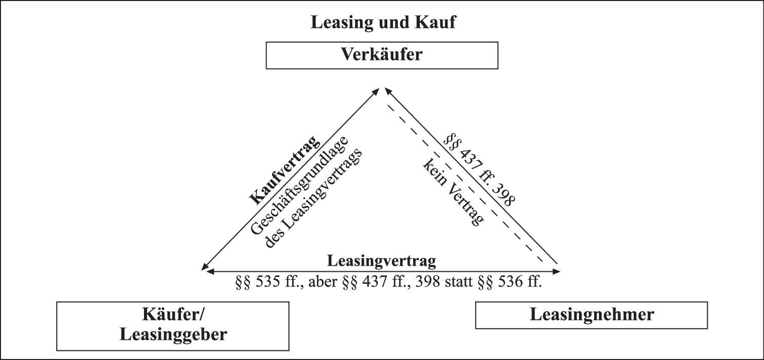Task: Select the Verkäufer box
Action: click(x=382, y=55)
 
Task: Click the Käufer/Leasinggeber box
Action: click(x=172, y=326)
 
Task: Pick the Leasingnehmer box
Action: click(x=592, y=315)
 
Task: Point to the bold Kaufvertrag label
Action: click(x=285, y=170)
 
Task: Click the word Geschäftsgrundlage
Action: click(x=300, y=186)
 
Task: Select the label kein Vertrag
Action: click(x=453, y=193)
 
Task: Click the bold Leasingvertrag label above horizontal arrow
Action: click(x=381, y=261)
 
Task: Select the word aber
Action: click(x=322, y=282)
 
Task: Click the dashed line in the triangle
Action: click(x=464, y=183)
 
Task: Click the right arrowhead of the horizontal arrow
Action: click(x=556, y=272)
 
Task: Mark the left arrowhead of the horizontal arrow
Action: click(x=210, y=272)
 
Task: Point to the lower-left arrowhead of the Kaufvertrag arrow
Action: click(x=205, y=267)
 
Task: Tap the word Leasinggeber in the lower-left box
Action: click(x=173, y=335)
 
